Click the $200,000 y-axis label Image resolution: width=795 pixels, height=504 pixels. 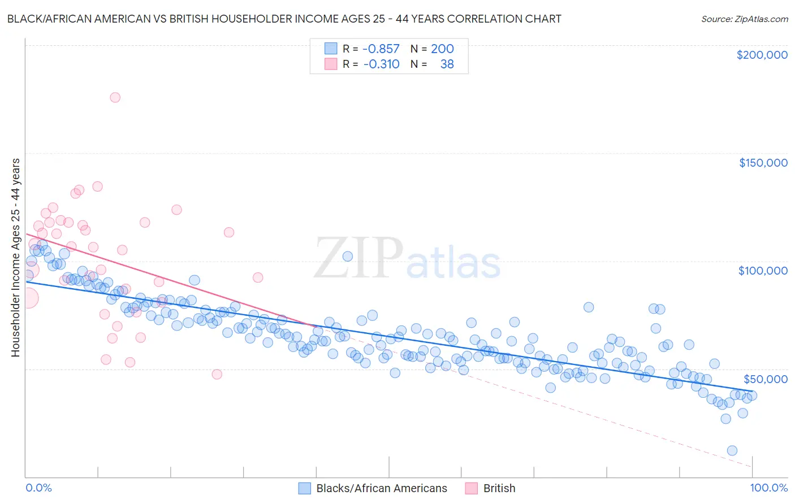[762, 55]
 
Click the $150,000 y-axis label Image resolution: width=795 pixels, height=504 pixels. [763, 163]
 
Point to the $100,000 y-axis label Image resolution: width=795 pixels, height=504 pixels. [763, 271]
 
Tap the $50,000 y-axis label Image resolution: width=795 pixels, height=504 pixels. [765, 379]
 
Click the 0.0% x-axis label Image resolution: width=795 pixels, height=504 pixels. [38, 488]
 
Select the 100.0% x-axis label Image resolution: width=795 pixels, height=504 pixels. [768, 488]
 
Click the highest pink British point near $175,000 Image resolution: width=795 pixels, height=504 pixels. [115, 97]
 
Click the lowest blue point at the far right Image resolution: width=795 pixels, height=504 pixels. [732, 450]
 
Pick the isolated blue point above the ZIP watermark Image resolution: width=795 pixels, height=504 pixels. [348, 256]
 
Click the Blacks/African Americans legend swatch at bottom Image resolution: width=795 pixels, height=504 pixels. [305, 488]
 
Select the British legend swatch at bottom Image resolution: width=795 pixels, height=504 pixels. [472, 488]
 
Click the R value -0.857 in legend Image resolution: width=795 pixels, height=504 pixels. [381, 49]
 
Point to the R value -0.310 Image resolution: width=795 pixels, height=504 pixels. [381, 64]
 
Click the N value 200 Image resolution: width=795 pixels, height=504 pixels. [442, 49]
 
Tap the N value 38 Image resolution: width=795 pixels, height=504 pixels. [447, 64]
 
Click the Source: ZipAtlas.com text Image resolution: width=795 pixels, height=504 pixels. [744, 19]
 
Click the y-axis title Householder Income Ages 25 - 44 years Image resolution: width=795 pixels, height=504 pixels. [15, 257]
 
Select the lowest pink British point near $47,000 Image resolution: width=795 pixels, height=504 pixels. [217, 374]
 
